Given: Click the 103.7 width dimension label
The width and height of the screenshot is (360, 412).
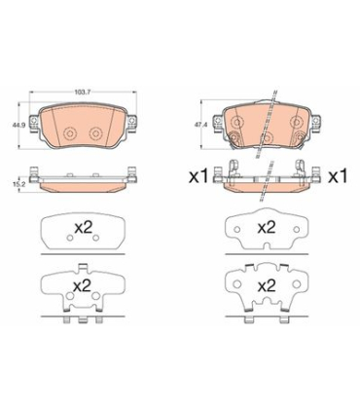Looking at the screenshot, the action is click(82, 92).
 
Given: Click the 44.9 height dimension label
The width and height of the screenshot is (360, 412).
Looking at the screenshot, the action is click(16, 125).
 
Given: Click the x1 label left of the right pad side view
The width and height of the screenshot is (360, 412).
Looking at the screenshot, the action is click(198, 177).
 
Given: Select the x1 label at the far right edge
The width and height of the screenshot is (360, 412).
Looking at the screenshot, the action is click(338, 177).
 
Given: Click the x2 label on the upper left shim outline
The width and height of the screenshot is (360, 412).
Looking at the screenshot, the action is click(84, 228).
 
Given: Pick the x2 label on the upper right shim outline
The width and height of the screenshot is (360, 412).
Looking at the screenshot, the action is click(267, 228).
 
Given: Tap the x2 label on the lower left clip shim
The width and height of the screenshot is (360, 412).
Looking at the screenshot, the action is click(82, 285).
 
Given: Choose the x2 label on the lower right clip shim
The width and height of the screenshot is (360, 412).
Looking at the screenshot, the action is click(267, 285).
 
